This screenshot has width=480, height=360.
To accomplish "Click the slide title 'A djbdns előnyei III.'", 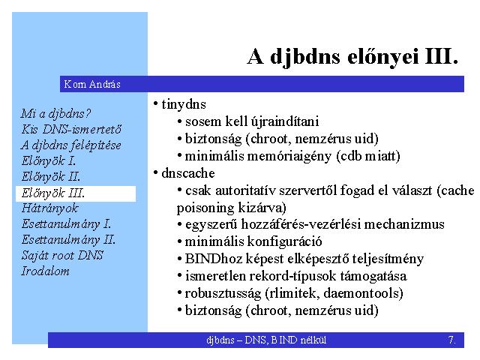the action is [x=352, y=57].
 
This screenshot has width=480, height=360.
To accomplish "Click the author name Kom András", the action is [x=92, y=84].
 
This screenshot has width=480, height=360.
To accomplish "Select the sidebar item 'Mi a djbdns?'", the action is [x=56, y=114].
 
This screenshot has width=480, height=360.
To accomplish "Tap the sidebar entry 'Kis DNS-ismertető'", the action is [x=71, y=129].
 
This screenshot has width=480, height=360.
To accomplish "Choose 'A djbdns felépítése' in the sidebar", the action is [x=71, y=145].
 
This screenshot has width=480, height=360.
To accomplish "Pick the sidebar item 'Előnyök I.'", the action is [x=49, y=160].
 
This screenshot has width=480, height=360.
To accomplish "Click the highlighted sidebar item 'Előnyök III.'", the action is [x=53, y=193].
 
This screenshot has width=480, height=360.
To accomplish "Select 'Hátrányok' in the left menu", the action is [x=50, y=208].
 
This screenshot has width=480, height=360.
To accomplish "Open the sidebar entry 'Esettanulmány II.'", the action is [x=68, y=240].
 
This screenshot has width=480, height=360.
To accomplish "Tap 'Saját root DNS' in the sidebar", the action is [x=62, y=255].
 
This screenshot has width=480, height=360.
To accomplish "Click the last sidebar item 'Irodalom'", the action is [x=45, y=271].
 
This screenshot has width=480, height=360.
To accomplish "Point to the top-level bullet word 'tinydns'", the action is [x=184, y=104].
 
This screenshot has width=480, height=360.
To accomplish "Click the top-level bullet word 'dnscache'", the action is [x=188, y=173].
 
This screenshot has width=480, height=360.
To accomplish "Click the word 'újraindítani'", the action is [x=285, y=121].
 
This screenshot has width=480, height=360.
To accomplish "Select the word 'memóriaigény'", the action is [x=289, y=157].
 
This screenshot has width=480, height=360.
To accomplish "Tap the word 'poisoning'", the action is [x=205, y=208].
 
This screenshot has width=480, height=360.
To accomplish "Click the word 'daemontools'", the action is [x=363, y=293].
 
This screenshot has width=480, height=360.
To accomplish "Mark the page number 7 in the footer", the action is [x=451, y=340].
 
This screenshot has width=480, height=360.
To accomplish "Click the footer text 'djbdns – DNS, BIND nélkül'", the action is [x=266, y=340].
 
